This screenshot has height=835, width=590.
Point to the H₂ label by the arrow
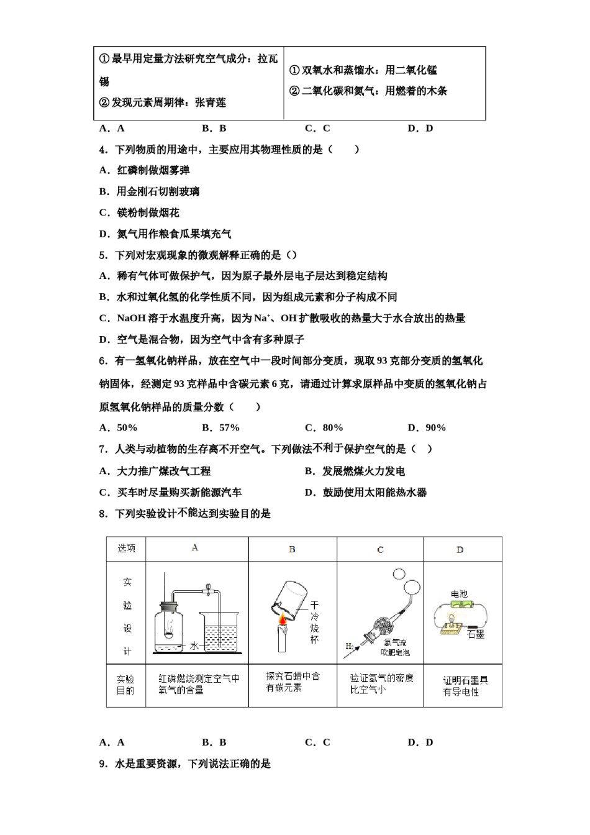click(349, 647)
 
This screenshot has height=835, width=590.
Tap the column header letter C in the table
click(380, 550)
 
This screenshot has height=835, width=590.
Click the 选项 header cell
click(126, 549)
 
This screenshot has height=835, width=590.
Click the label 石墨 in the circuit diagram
click(475, 634)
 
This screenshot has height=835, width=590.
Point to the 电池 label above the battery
click(459, 594)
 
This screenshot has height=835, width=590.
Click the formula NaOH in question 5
click(131, 318)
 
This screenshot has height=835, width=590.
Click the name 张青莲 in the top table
click(211, 103)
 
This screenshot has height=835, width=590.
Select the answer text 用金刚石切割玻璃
click(158, 191)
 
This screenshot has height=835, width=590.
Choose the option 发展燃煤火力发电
click(363, 471)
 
